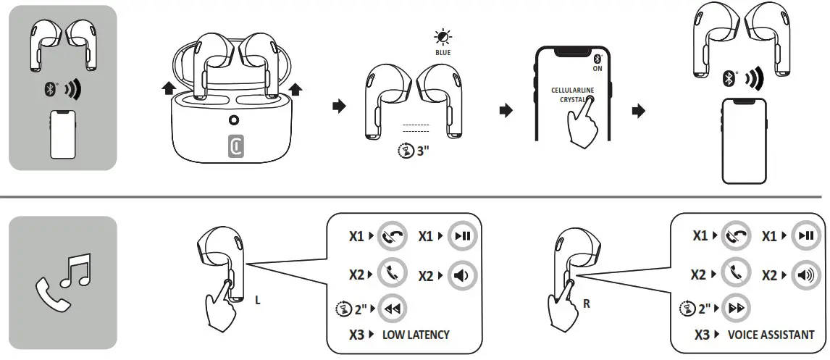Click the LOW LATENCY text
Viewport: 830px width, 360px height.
click(416, 335)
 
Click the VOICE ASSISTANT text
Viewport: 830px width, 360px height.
click(771, 335)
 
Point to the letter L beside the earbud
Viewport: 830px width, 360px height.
click(258, 301)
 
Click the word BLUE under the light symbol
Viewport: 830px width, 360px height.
click(442, 53)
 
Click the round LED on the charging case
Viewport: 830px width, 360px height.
click(234, 121)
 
